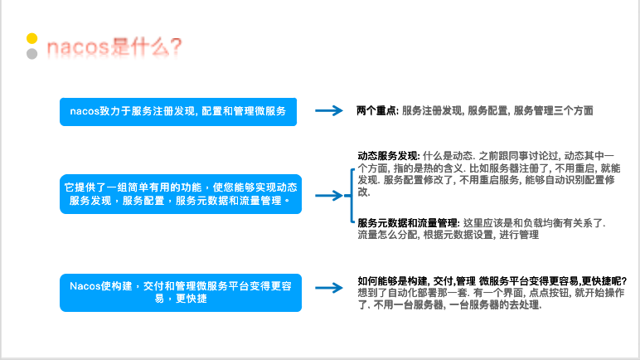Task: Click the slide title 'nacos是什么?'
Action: click(114, 46)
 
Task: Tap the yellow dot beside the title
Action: click(32, 38)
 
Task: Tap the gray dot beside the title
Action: click(32, 54)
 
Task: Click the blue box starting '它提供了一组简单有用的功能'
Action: click(179, 193)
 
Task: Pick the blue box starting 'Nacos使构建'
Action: click(179, 292)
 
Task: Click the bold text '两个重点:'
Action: click(377, 110)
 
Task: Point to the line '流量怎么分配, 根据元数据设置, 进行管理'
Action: click(448, 236)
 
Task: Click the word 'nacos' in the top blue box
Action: click(85, 110)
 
